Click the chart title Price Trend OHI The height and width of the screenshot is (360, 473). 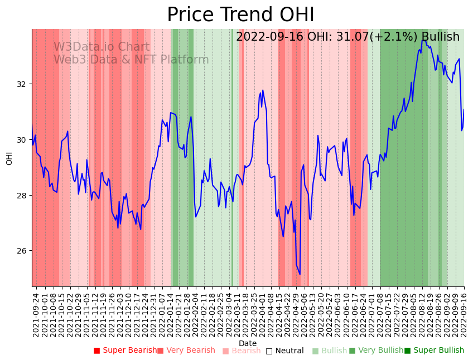(x=240, y=15)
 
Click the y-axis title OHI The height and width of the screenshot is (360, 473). (x=9, y=158)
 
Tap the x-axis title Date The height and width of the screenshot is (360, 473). (x=248, y=343)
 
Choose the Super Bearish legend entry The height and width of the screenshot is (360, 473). (x=126, y=351)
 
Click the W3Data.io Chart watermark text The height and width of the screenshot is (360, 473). (x=102, y=47)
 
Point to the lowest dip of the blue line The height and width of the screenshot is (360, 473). (x=300, y=274)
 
